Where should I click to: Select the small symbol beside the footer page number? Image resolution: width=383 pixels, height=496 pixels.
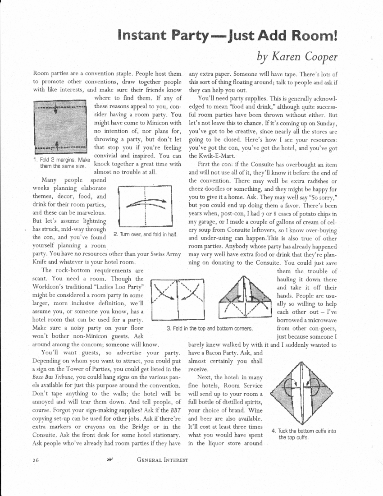109,460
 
